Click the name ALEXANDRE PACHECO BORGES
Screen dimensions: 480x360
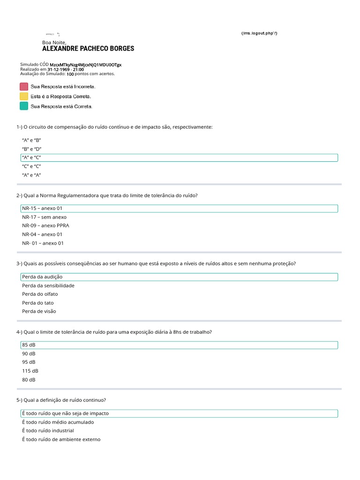click(88, 48)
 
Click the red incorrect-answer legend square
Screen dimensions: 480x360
click(24, 87)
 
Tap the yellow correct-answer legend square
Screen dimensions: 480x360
click(24, 96)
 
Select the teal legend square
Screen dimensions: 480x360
click(24, 106)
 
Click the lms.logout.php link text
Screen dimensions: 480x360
click(259, 33)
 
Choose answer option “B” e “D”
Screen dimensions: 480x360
click(32, 149)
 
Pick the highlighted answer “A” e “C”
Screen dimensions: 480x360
click(32, 157)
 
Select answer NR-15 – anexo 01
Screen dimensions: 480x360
click(42, 208)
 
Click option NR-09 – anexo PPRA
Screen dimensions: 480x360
click(45, 225)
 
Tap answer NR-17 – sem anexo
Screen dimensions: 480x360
click(44, 217)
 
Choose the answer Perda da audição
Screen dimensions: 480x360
click(42, 277)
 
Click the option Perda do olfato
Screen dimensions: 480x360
click(40, 294)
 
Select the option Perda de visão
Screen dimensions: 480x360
click(39, 311)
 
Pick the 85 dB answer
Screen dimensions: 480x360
click(29, 345)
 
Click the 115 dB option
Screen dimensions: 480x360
click(30, 371)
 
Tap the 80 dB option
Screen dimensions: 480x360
click(29, 380)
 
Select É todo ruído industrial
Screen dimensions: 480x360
click(48, 430)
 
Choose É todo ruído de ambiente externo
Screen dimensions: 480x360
click(61, 439)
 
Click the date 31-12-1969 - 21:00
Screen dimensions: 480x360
click(66, 69)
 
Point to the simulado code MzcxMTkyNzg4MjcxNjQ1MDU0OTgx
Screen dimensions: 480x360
click(85, 65)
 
